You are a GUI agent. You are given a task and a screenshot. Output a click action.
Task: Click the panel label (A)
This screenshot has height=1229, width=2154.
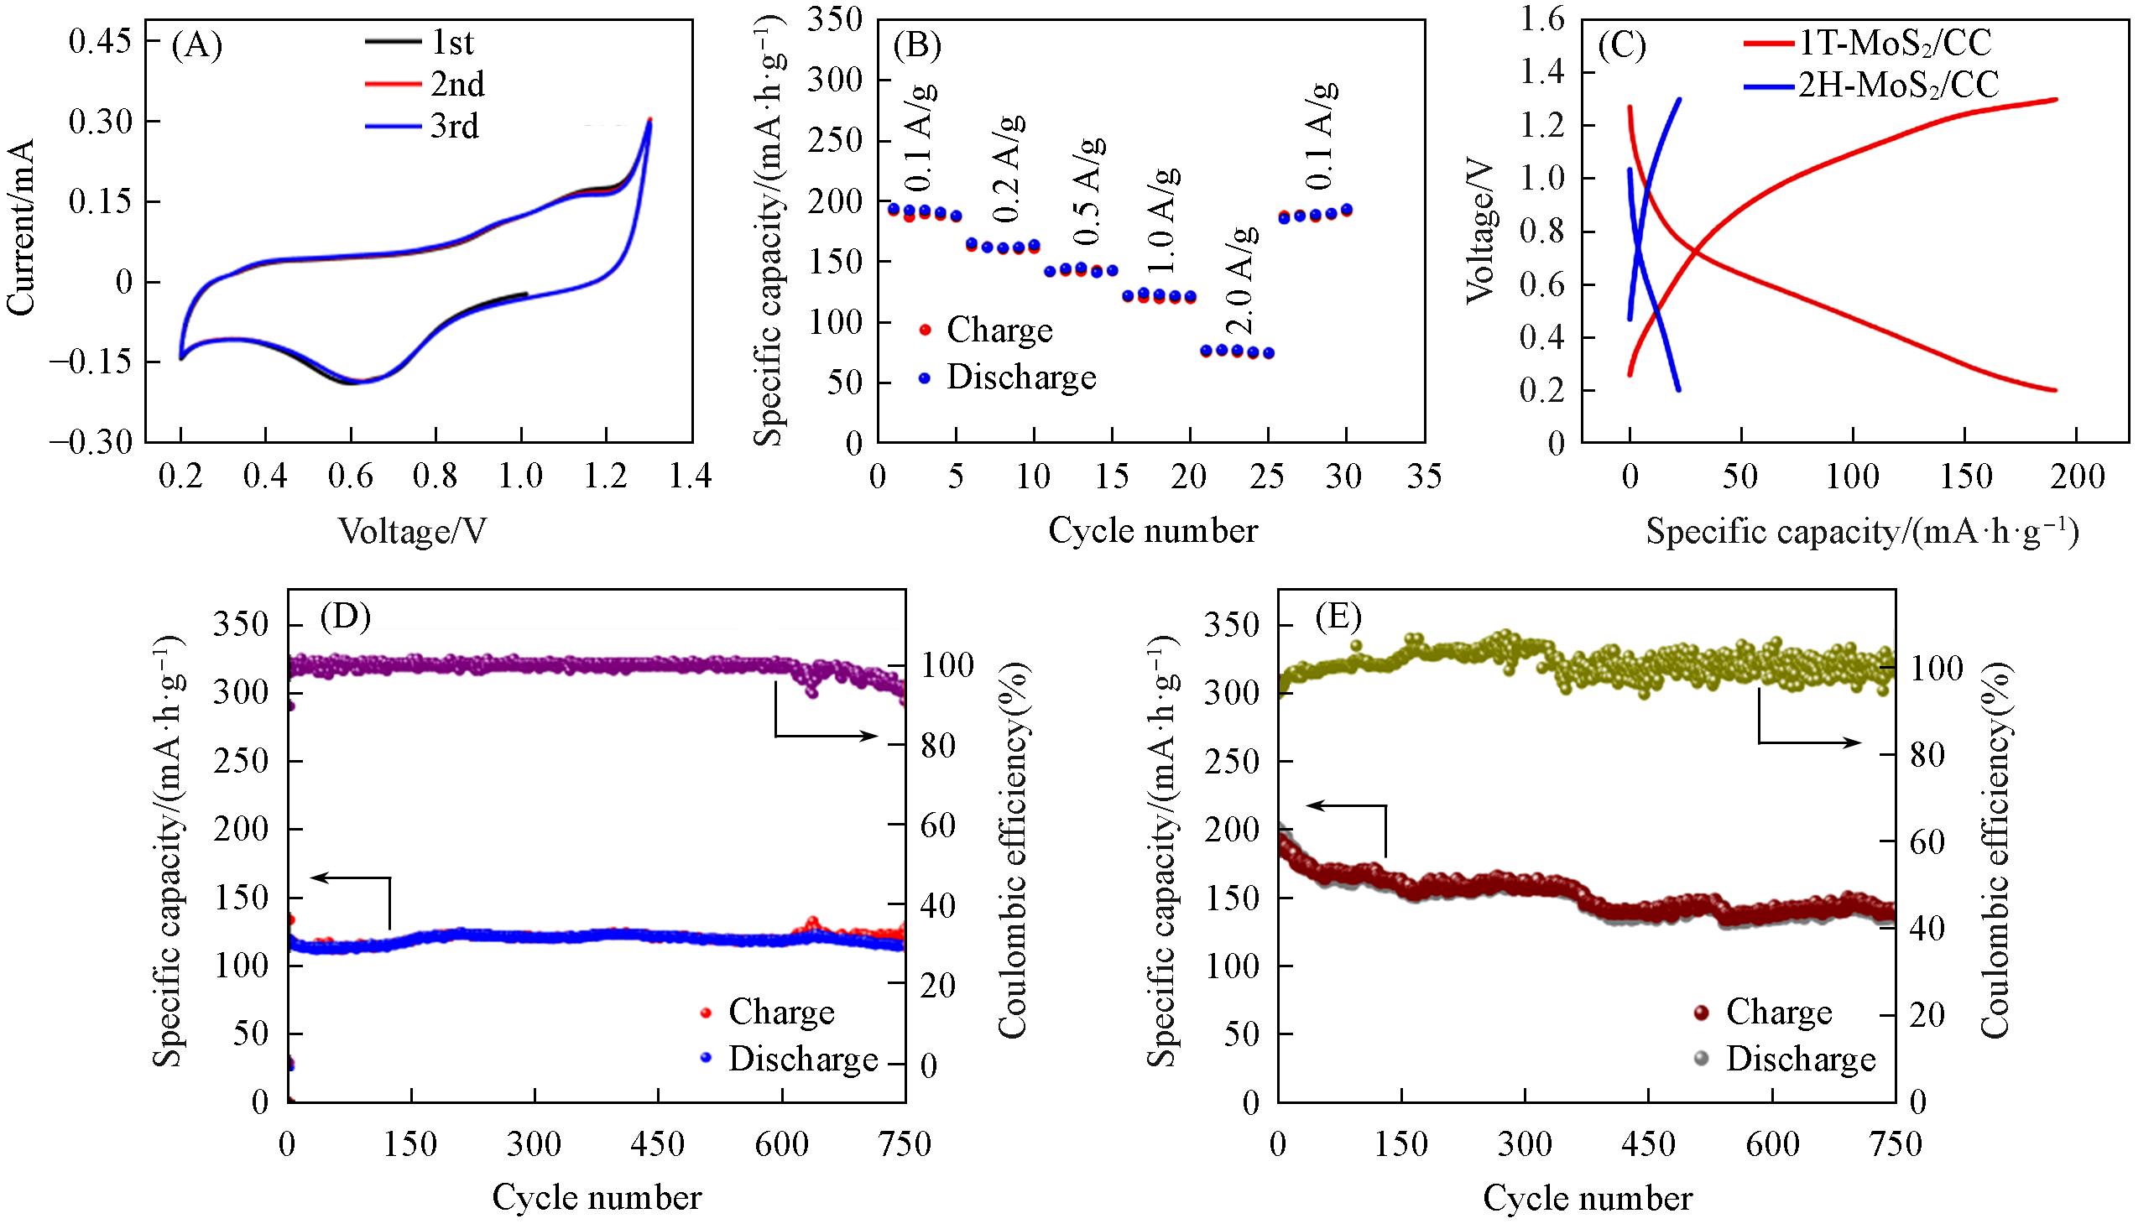click(x=196, y=47)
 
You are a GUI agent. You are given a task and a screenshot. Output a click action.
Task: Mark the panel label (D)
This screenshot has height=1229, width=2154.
click(x=345, y=618)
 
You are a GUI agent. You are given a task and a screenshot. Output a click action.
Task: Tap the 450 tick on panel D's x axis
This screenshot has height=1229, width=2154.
click(x=658, y=1144)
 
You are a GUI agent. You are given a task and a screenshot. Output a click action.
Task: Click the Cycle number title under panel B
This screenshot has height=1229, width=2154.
click(x=1152, y=530)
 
